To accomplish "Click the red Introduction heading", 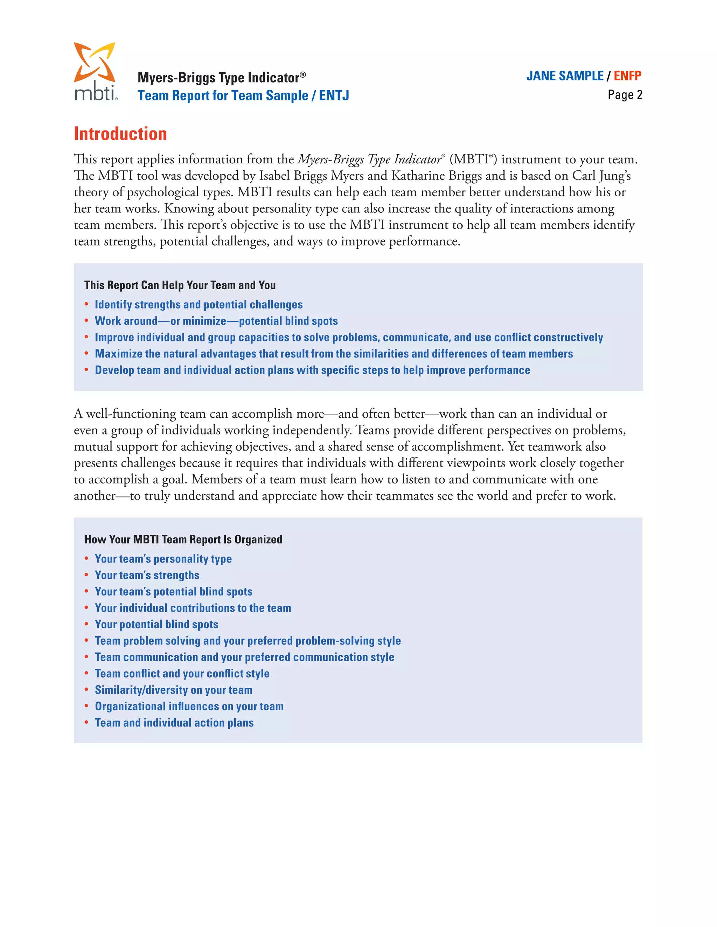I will point(120,134).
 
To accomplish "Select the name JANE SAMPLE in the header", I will point(564,76).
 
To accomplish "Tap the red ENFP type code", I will point(627,76).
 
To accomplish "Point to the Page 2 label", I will point(625,95).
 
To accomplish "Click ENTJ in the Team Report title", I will point(334,95).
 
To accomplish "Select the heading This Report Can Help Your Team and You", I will point(180,285).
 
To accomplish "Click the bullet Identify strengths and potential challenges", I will point(199,305).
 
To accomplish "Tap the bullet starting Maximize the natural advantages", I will point(333,354).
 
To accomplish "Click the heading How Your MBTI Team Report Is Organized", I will point(183,539).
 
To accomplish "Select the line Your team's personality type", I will point(163,559).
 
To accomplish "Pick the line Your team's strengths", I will point(147,575).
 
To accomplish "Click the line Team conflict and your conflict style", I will point(182,674).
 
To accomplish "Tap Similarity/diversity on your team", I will point(173,690).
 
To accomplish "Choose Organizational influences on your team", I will point(189,707).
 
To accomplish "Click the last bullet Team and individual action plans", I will point(174,723).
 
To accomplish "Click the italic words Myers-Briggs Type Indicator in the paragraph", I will point(370,160).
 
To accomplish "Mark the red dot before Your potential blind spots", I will point(86,624).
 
